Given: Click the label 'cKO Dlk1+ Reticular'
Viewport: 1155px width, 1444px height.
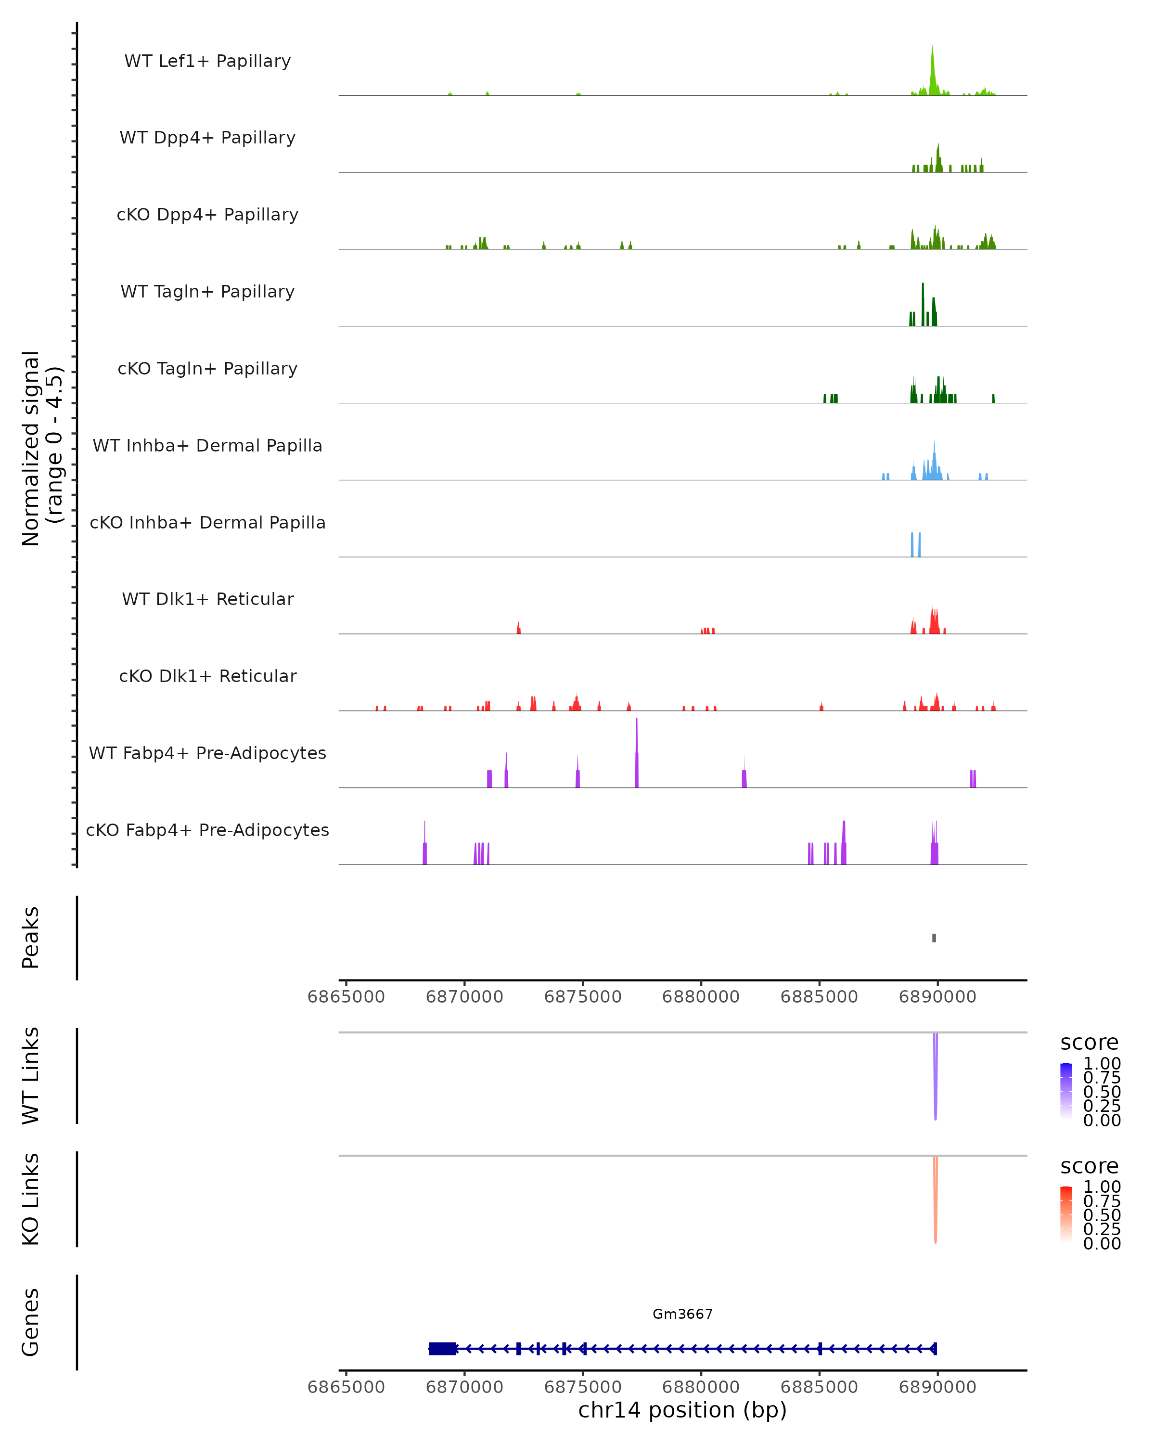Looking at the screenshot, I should [207, 676].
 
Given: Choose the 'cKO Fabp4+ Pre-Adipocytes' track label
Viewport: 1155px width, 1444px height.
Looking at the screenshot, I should [207, 830].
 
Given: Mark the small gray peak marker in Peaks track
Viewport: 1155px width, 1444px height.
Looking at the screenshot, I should [934, 938].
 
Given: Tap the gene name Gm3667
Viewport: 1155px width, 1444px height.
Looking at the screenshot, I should [682, 1314].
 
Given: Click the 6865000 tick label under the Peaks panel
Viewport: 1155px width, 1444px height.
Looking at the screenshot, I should [346, 997].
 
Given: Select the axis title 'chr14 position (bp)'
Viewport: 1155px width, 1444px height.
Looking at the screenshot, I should [682, 1410].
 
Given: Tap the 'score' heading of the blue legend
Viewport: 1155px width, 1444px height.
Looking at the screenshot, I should [1090, 1043].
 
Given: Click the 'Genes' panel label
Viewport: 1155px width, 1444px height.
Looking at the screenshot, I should [31, 1322].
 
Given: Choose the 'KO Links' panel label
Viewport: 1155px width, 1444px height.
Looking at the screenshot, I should [31, 1199].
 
